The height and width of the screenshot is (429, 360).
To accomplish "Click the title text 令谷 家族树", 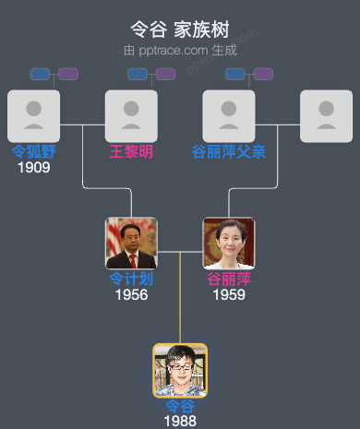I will tap(180, 30).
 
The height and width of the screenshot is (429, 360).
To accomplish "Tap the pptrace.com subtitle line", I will tap(180, 50).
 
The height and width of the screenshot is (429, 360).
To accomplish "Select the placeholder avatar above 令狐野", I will tap(33, 115).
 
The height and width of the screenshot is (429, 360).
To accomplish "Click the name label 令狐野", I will tap(33, 151).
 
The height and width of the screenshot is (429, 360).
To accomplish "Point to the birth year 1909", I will tap(33, 167).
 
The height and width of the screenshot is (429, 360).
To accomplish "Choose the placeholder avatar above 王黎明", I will tap(131, 115).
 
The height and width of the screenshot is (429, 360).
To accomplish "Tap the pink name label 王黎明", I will tap(131, 151).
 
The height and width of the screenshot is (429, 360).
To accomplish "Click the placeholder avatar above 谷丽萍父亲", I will tap(229, 115).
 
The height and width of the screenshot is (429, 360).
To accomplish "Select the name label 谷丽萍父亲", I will tap(229, 151).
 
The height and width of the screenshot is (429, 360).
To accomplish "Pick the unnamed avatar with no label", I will tap(327, 115).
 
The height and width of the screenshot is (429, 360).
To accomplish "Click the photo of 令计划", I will tap(131, 243).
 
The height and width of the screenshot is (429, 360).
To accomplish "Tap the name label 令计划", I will tap(131, 279).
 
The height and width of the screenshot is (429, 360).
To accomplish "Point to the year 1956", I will tap(131, 294).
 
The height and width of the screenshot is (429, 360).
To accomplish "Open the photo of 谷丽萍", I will tap(229, 243).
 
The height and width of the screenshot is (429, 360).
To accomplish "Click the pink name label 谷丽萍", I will tap(229, 279).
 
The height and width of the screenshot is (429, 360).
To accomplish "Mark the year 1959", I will tap(229, 294).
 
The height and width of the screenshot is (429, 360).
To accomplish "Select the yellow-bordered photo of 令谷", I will tap(180, 370).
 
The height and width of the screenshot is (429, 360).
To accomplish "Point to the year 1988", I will tap(180, 421).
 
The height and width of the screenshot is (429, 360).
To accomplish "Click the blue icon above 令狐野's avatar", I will tap(40, 74).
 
